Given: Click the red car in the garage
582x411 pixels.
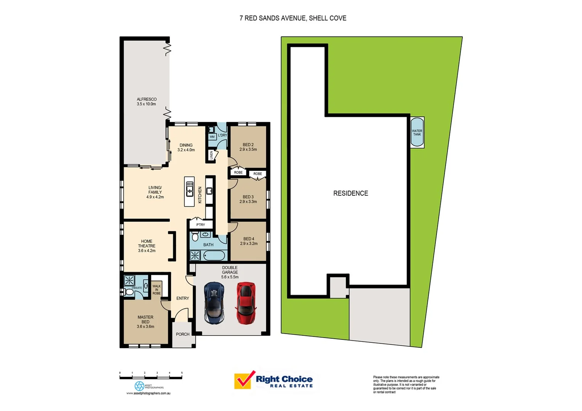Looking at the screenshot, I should pos(246,303).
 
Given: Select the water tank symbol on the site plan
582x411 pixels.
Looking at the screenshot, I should pos(417,132).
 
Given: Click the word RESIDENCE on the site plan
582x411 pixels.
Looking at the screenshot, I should pos(350,193).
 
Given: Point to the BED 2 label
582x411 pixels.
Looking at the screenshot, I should pos(248,145).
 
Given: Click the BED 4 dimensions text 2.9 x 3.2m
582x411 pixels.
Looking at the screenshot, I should pos(249,244).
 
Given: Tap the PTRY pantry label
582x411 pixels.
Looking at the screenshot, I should pos(201,225).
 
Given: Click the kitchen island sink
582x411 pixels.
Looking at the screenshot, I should pos(189,189).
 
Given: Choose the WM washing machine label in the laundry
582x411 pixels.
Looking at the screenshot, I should pos(212,137).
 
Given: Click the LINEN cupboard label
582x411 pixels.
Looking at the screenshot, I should pos(211,155).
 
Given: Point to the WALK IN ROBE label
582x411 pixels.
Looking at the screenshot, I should pos(157,290).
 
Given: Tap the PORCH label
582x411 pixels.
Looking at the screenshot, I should pos(183,334).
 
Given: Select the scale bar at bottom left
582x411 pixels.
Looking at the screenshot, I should pos(151,378).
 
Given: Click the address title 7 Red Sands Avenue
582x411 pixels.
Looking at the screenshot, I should pos(293,18).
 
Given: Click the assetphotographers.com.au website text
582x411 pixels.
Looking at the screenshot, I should pos(149,393).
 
